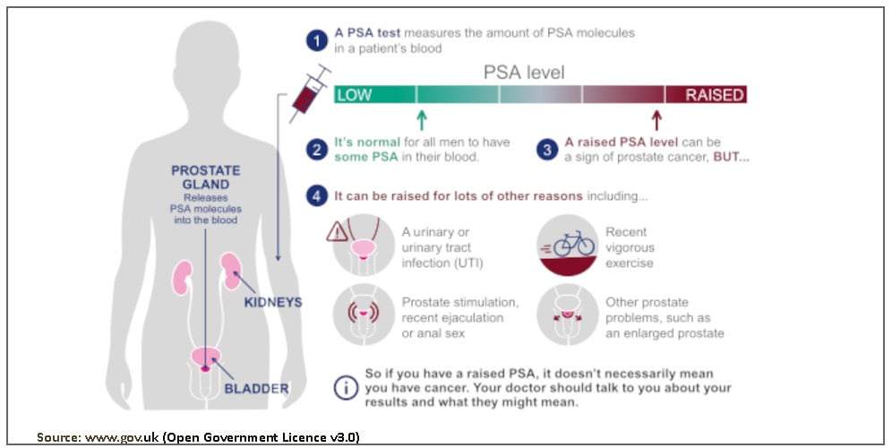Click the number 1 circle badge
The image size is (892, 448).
click(x=315, y=39)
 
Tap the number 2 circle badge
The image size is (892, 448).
click(x=315, y=149)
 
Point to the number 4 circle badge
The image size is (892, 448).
click(x=315, y=195)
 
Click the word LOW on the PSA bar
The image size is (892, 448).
click(x=355, y=95)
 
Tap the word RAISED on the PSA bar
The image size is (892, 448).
click(x=715, y=95)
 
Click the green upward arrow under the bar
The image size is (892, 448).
click(x=422, y=119)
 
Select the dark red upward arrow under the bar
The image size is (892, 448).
click(x=656, y=119)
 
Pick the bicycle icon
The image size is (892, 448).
click(x=574, y=243)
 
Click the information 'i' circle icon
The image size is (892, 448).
click(x=345, y=388)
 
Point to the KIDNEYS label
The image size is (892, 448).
click(x=273, y=303)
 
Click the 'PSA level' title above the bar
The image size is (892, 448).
click(x=524, y=73)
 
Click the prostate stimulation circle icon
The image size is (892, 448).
click(x=362, y=315)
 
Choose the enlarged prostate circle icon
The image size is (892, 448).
click(x=566, y=315)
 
